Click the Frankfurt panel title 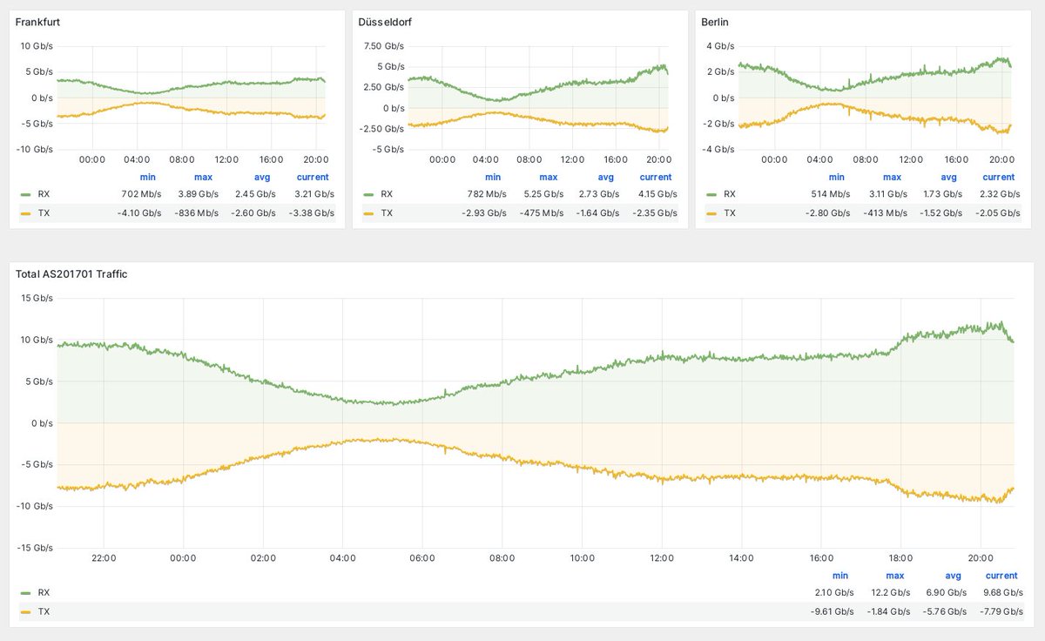pos(38,22)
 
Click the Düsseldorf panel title pos(385,22)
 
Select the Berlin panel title pos(716,22)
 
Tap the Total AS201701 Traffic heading pos(72,274)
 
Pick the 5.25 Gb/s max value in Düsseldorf pos(542,194)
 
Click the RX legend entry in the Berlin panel pos(728,194)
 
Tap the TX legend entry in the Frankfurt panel pos(43,213)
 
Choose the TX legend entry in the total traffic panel pos(43,611)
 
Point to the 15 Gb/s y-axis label pos(37,298)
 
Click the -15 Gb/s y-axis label pos(35,548)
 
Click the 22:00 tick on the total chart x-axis pos(103,558)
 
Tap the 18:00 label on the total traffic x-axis pos(900,558)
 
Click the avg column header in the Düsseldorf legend pos(605,177)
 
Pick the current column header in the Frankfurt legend pos(313,177)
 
